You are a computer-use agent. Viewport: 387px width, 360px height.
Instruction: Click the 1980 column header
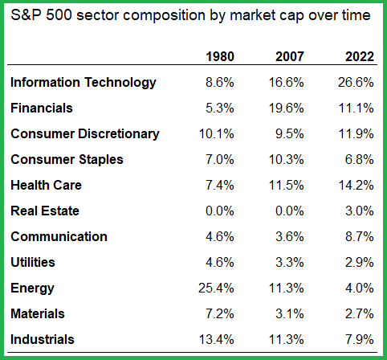point(219,57)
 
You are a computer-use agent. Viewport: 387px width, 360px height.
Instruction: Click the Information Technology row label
point(83,82)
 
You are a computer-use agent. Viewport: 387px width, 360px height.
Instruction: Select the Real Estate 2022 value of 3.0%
point(358,211)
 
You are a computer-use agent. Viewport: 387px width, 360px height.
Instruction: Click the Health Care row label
point(46,185)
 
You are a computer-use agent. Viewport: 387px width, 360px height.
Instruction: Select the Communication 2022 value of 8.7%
point(358,236)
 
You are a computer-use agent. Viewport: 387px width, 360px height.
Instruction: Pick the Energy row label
point(31,288)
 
